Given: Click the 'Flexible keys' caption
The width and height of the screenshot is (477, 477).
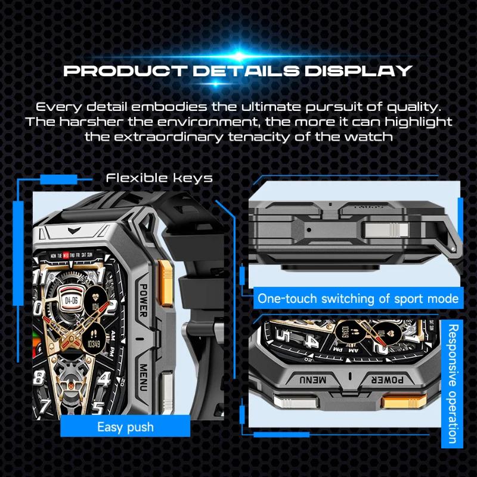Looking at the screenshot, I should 159,178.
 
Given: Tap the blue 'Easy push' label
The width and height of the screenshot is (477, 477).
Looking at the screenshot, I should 125,427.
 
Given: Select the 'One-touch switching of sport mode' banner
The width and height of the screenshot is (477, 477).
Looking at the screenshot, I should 358,298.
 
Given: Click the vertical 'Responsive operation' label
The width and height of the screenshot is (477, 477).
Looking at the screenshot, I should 453,385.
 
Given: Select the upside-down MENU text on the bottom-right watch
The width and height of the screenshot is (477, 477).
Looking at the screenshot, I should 312,380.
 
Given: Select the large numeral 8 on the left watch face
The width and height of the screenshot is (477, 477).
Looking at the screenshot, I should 40,377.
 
